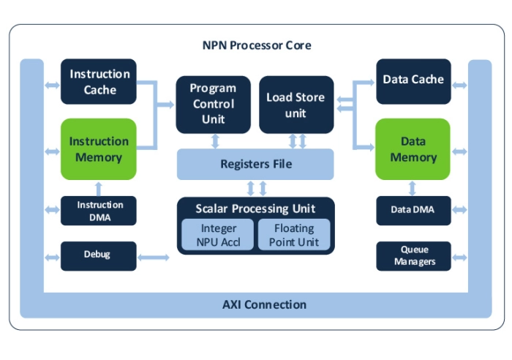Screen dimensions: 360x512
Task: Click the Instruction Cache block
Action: pyautogui.click(x=99, y=82)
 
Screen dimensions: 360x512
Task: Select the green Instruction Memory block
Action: pyautogui.click(x=99, y=149)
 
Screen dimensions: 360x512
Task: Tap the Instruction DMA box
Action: pyautogui.click(x=99, y=210)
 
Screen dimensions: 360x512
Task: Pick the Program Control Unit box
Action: pyautogui.click(x=213, y=104)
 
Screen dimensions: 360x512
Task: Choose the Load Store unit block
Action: pyautogui.click(x=295, y=105)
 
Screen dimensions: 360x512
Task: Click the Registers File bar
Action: pyautogui.click(x=255, y=164)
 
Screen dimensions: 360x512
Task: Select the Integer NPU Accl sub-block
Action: pyautogui.click(x=219, y=235)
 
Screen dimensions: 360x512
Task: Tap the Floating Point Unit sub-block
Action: pyautogui.click(x=294, y=235)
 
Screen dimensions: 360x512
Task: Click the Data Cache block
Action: pyautogui.click(x=413, y=79)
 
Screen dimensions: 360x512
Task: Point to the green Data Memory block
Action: pyautogui.click(x=413, y=149)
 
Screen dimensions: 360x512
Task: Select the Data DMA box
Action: pyautogui.click(x=413, y=210)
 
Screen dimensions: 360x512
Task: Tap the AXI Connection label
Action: pyautogui.click(x=264, y=304)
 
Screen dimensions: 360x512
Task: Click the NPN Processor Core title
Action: pyautogui.click(x=257, y=45)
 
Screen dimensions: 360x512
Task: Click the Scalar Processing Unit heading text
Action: pyautogui.click(x=255, y=209)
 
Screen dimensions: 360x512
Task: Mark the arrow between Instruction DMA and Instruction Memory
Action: pyautogui.click(x=99, y=188)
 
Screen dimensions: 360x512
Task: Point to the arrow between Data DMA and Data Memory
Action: pyautogui.click(x=413, y=188)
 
